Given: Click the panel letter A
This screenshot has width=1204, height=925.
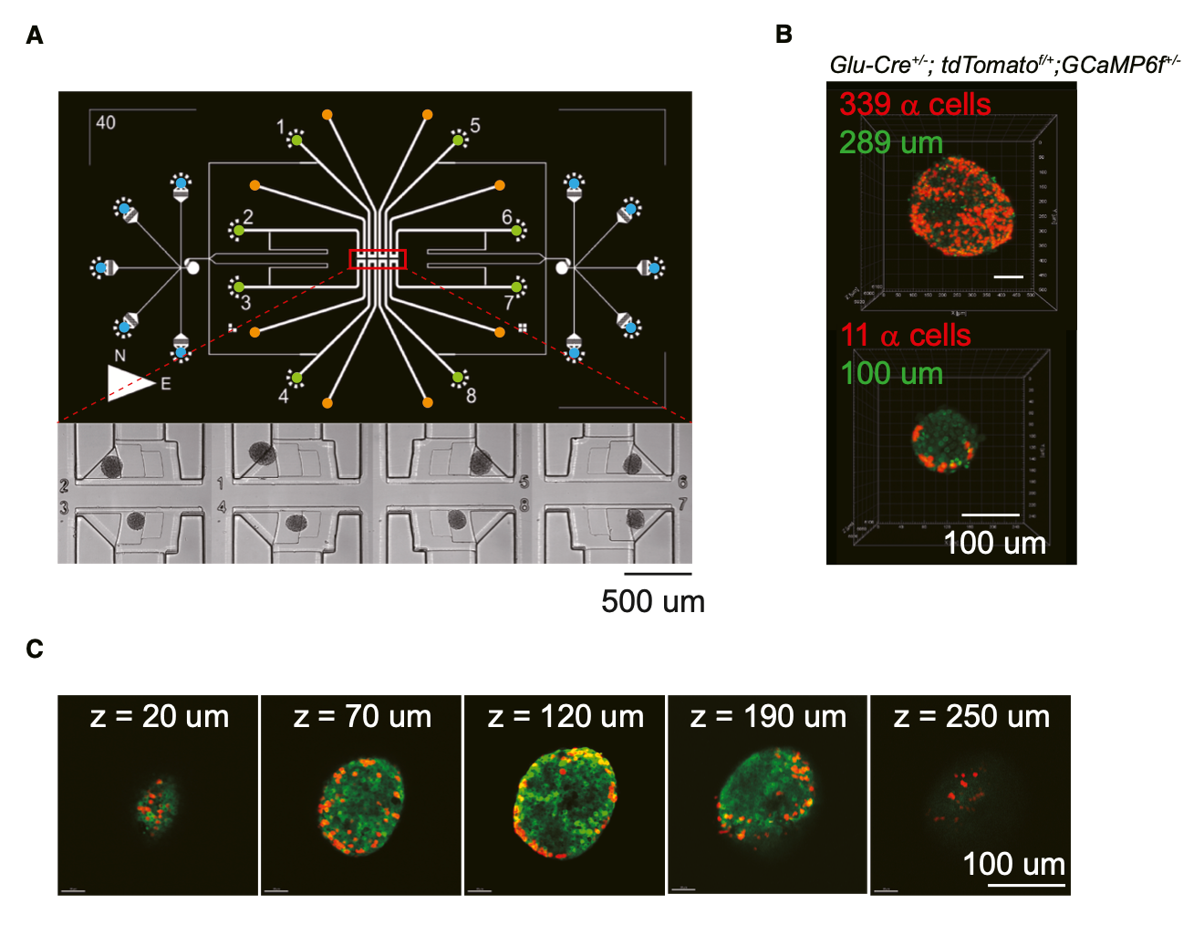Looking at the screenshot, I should pyautogui.click(x=35, y=36).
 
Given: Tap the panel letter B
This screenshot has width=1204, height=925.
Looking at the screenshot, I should pyautogui.click(x=784, y=35).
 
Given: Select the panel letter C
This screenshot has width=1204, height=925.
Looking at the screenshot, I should pyautogui.click(x=35, y=649).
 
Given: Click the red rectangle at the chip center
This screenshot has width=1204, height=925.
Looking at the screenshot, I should pyautogui.click(x=377, y=259).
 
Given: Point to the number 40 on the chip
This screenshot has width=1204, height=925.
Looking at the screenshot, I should pyautogui.click(x=106, y=122).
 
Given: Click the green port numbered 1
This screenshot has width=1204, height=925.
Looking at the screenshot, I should pyautogui.click(x=296, y=140).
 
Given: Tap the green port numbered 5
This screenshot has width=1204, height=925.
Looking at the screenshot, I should pyautogui.click(x=458, y=139).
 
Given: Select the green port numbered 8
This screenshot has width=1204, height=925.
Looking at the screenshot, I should pyautogui.click(x=458, y=377).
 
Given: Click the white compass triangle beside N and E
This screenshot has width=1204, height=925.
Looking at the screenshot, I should pyautogui.click(x=128, y=383).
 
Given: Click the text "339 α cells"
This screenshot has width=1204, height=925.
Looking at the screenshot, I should pyautogui.click(x=915, y=104).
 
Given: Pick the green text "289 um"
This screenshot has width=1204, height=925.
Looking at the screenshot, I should pyautogui.click(x=891, y=142).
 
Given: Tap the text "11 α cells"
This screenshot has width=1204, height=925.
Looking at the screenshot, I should pyautogui.click(x=906, y=335).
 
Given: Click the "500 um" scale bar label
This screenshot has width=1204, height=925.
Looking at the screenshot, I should pyautogui.click(x=653, y=601).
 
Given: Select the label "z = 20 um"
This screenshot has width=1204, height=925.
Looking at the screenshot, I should pyautogui.click(x=160, y=717).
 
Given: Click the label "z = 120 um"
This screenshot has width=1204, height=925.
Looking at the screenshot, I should pyautogui.click(x=566, y=717).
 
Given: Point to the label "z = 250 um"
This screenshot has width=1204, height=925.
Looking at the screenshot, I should pyautogui.click(x=971, y=717).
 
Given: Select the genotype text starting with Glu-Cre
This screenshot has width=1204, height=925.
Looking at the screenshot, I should pyautogui.click(x=1004, y=65).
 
